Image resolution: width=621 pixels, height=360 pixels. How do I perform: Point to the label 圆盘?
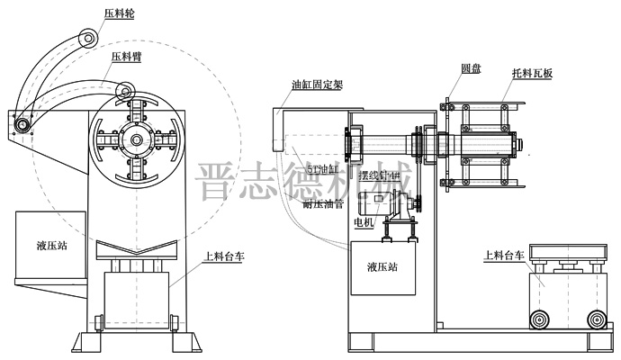(x=472, y=68)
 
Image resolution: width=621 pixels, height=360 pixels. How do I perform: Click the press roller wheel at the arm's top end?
(x=86, y=39)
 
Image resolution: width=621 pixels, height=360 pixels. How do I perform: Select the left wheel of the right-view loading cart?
(x=541, y=319)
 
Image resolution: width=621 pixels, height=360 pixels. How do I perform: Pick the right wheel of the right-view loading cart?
(x=595, y=319)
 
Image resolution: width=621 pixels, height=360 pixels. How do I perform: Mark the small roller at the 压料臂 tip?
(x=128, y=89)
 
